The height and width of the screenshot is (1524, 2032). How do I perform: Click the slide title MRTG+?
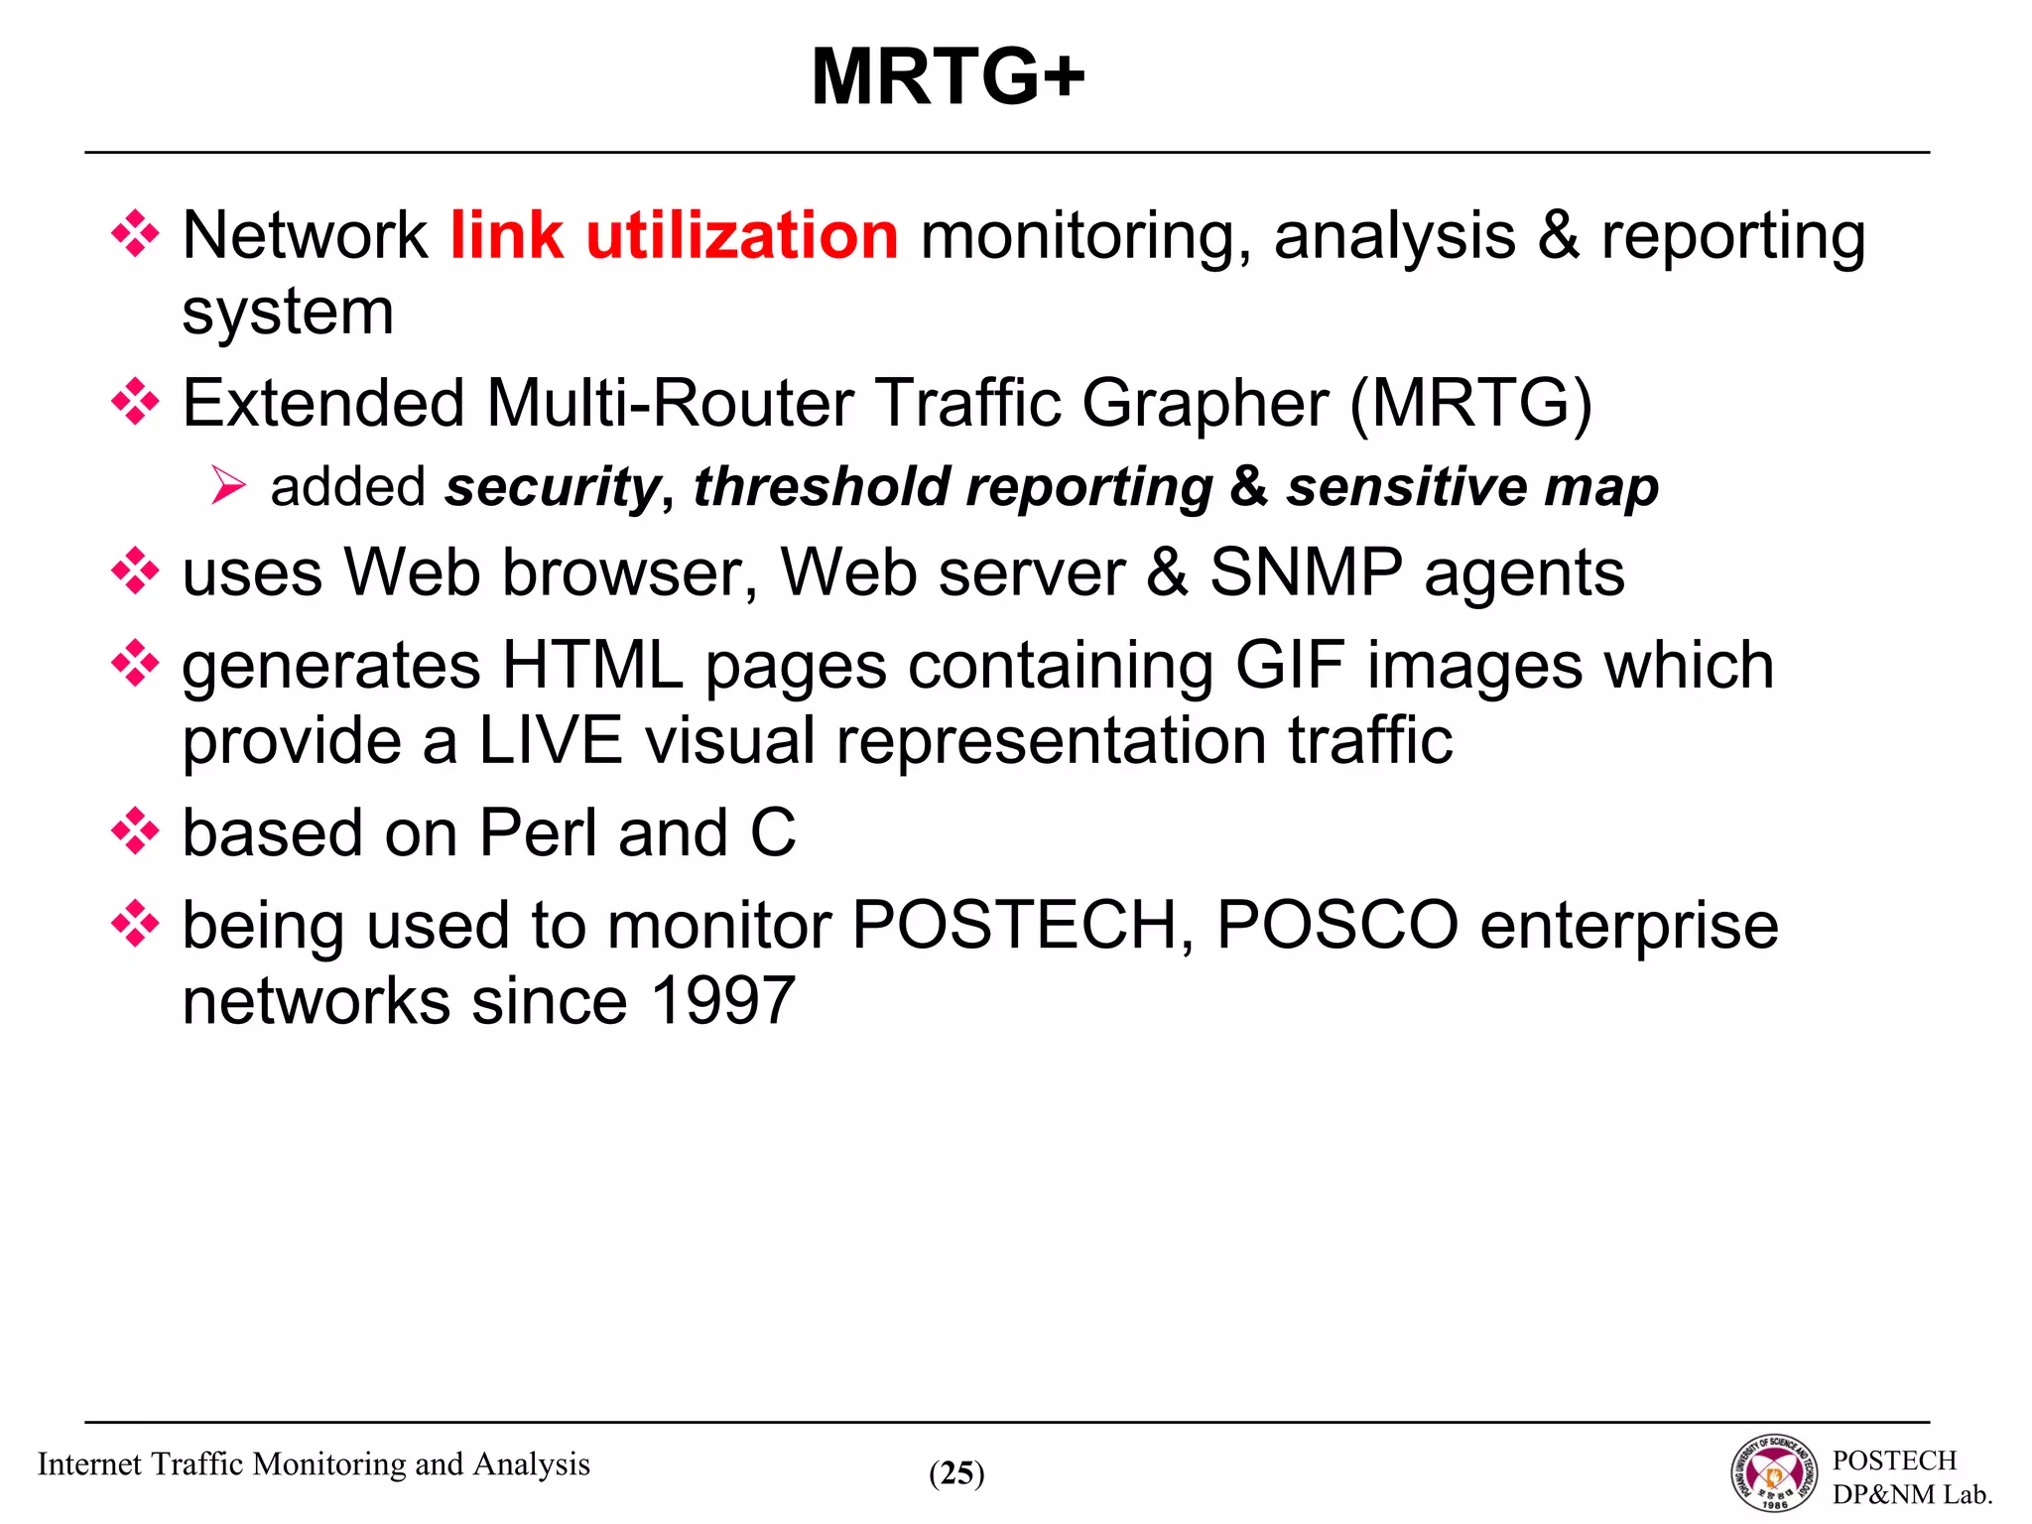pyautogui.click(x=948, y=77)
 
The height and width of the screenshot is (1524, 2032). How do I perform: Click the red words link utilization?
pyautogui.click(x=674, y=236)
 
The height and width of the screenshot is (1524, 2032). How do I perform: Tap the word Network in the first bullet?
pyautogui.click(x=305, y=236)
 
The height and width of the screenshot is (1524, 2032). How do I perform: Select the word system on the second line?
pyautogui.click(x=288, y=313)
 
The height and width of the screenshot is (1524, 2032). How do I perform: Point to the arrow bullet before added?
pyautogui.click(x=228, y=486)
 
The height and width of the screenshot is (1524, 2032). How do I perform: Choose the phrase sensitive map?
pyautogui.click(x=1471, y=487)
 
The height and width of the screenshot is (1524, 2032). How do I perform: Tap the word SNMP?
pyautogui.click(x=1306, y=573)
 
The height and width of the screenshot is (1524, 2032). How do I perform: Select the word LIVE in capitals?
pyautogui.click(x=551, y=741)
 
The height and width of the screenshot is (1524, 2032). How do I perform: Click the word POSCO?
pyautogui.click(x=1336, y=926)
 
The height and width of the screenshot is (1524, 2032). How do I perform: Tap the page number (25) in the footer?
pyautogui.click(x=956, y=1473)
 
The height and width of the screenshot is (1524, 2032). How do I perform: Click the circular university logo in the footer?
pyautogui.click(x=1774, y=1473)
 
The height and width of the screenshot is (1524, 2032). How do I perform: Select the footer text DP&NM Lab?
pyautogui.click(x=1911, y=1494)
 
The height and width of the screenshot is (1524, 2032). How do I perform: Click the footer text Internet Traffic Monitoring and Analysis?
pyautogui.click(x=314, y=1464)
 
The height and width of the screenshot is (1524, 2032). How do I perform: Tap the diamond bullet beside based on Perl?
pyautogui.click(x=135, y=831)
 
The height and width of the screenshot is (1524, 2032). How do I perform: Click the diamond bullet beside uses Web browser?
pyautogui.click(x=135, y=572)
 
